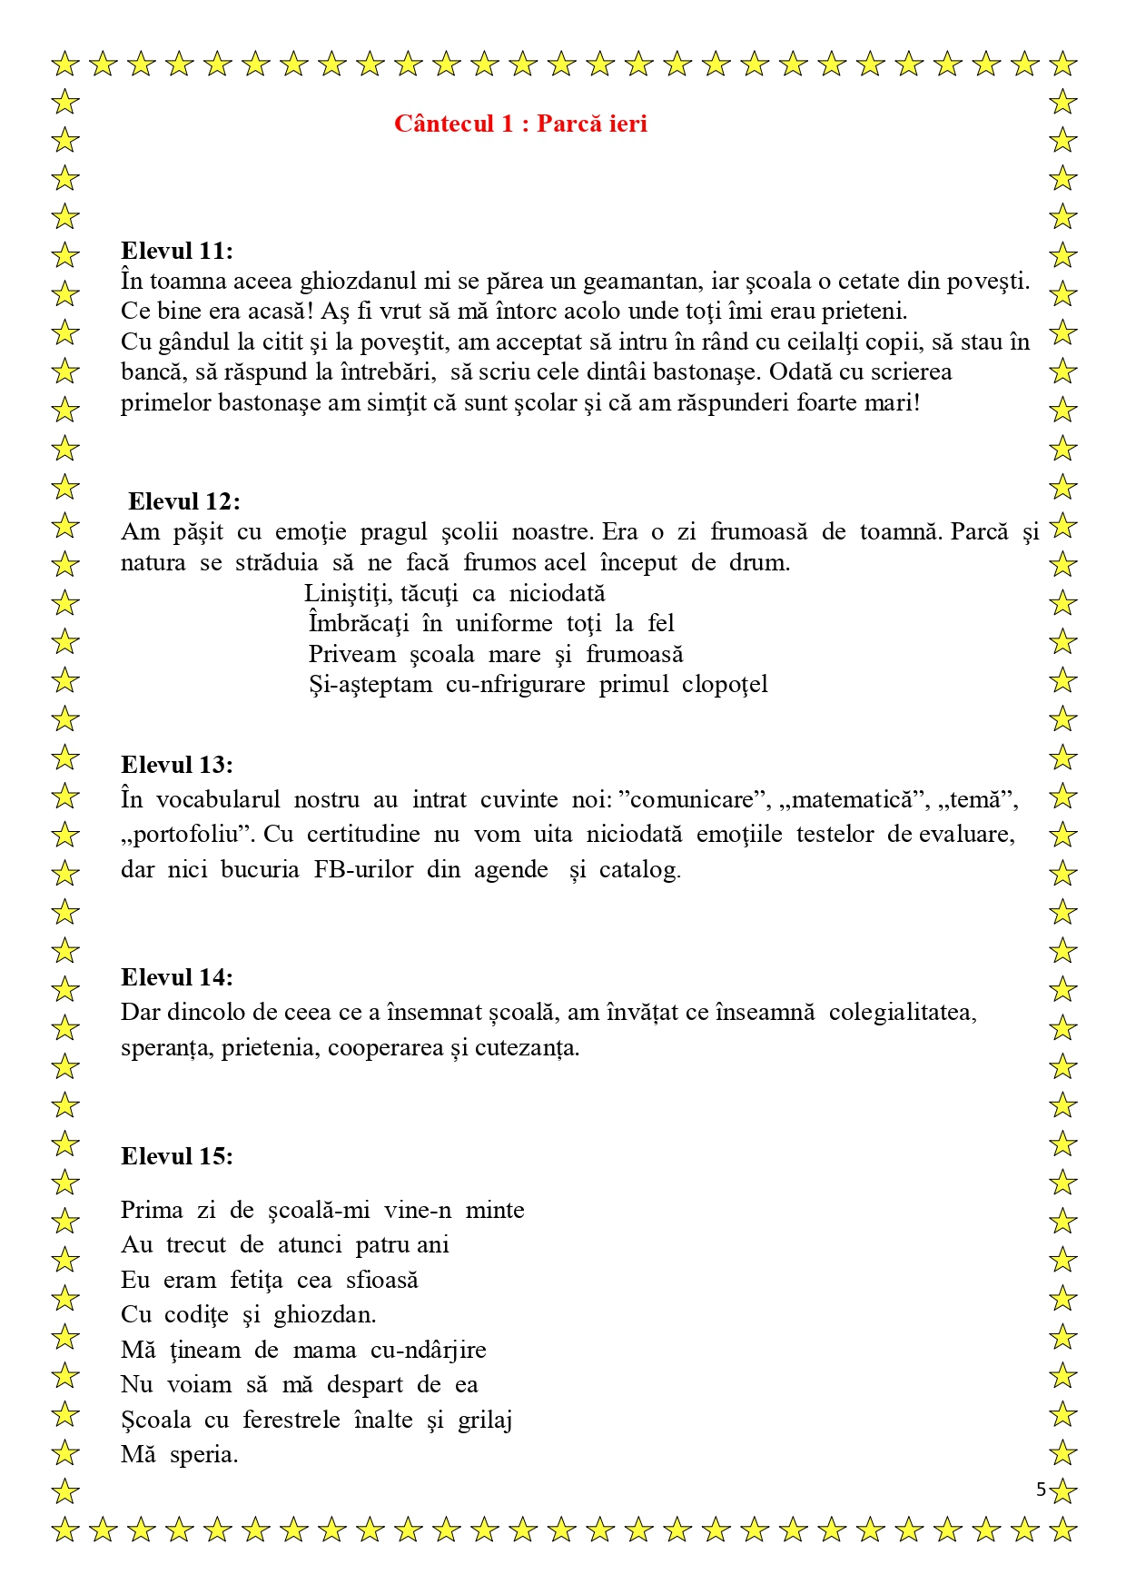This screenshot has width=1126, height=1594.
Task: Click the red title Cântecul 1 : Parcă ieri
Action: [520, 124]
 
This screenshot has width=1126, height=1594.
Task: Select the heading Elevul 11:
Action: [177, 251]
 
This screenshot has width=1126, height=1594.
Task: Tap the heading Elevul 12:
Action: [184, 501]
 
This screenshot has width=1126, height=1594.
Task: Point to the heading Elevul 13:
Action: [177, 765]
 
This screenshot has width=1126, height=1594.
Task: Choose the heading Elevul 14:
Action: [177, 977]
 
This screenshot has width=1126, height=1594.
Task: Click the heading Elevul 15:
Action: [177, 1156]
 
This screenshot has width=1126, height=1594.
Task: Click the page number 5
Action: [1041, 1490]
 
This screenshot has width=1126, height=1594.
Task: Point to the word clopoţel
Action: [725, 684]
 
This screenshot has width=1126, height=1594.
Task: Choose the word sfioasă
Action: [382, 1281]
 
